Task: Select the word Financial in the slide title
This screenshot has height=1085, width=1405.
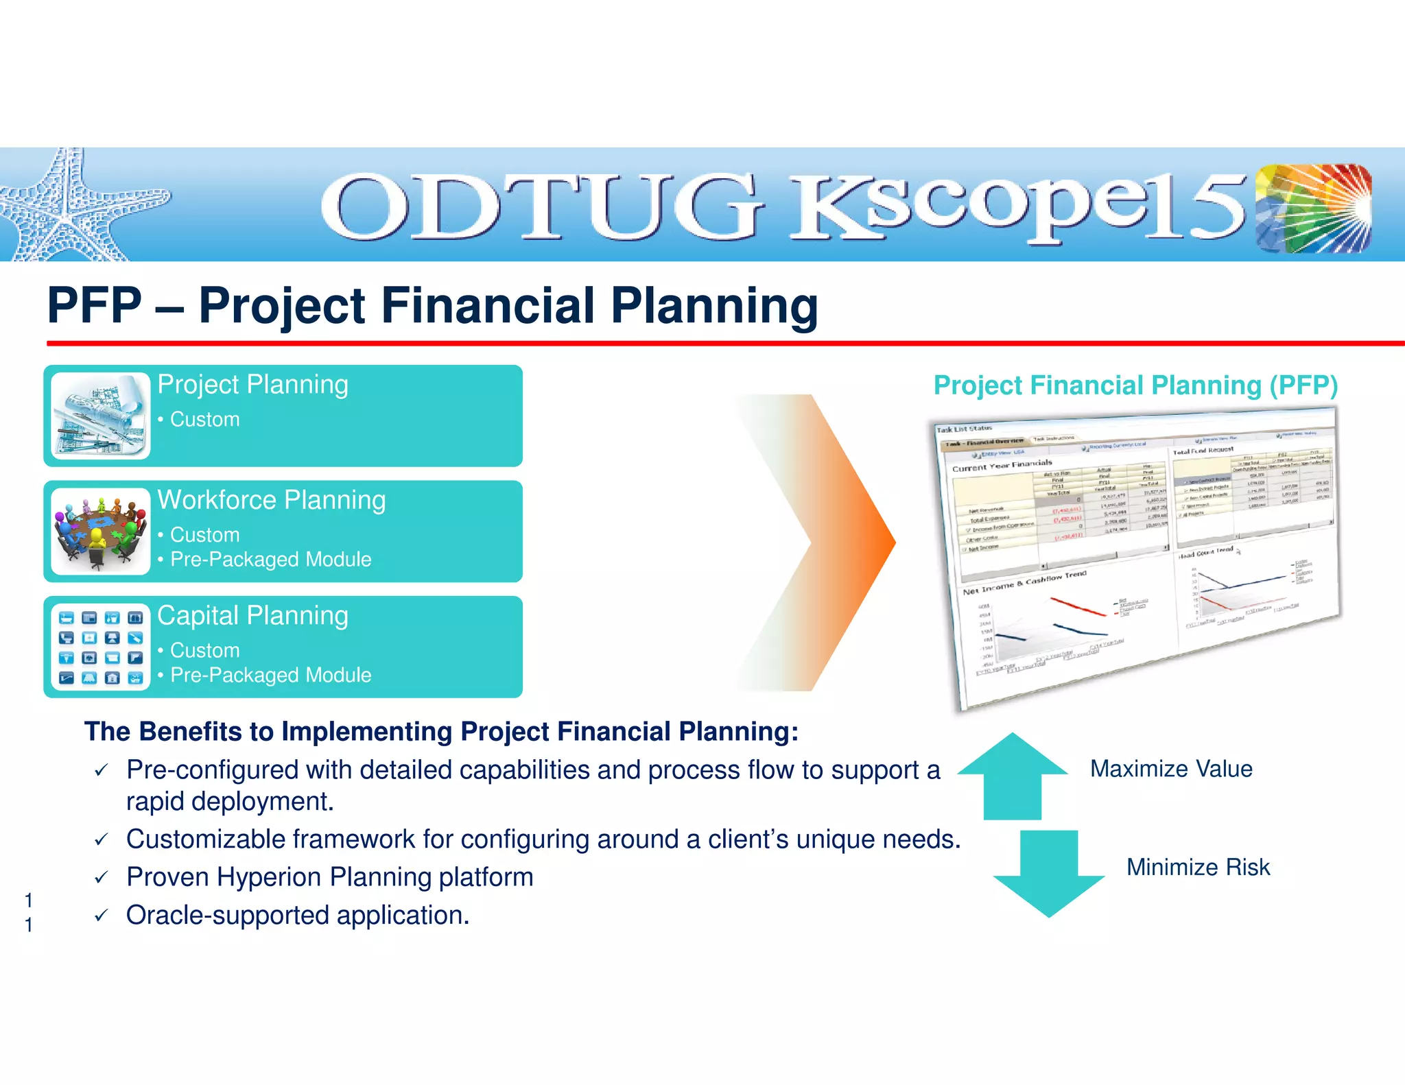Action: point(488,305)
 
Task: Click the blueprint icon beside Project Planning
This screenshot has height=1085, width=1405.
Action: point(100,416)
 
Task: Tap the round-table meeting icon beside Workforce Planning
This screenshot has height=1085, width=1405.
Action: point(100,532)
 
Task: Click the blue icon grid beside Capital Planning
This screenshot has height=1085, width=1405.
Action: point(100,647)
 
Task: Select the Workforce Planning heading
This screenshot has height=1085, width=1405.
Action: point(272,500)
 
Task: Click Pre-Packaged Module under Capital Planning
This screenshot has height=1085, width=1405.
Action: point(270,675)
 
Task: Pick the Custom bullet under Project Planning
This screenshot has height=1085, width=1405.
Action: point(204,419)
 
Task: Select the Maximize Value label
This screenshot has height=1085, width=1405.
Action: point(1171,769)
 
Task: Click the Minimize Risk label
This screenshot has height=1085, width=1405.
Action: point(1198,867)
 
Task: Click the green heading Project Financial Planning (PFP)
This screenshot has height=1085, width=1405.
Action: point(1135,385)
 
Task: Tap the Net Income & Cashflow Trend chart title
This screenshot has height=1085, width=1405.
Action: point(1024,582)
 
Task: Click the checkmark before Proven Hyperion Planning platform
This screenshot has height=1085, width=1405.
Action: point(102,877)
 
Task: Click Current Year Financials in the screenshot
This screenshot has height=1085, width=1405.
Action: point(1002,465)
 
